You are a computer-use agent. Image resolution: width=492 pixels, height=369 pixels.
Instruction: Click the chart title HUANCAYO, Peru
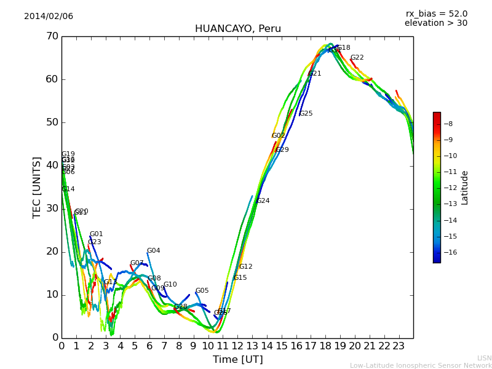point(237,29)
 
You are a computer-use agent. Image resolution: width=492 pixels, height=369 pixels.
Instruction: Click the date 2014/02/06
point(49,17)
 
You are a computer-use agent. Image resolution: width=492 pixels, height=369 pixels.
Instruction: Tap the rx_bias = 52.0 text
point(436,14)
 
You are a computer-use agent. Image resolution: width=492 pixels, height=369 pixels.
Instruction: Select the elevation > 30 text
point(435,23)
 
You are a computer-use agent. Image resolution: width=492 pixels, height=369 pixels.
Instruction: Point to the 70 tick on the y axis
point(52,36)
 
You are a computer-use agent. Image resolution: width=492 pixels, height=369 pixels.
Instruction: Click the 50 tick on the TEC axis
point(52,122)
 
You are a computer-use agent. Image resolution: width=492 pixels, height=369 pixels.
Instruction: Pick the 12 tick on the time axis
point(237,346)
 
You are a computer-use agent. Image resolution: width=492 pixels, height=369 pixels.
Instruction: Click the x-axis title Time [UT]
point(237,360)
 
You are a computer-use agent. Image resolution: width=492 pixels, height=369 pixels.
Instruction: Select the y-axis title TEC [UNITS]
point(37,187)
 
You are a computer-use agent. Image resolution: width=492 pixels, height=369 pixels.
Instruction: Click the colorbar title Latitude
point(465,188)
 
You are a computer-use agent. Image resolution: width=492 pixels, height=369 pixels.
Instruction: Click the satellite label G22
point(357,58)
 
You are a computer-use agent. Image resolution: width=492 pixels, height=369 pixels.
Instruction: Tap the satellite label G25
point(306,114)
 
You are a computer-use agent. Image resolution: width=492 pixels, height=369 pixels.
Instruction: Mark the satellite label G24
point(263,201)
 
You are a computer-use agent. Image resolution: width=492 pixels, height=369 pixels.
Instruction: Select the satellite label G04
point(154,251)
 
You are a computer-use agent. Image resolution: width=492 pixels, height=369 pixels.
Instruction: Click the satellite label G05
point(202,291)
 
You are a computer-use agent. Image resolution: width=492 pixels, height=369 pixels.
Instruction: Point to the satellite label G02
point(279,136)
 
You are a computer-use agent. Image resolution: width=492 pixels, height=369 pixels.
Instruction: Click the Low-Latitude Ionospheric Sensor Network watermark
point(421,366)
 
